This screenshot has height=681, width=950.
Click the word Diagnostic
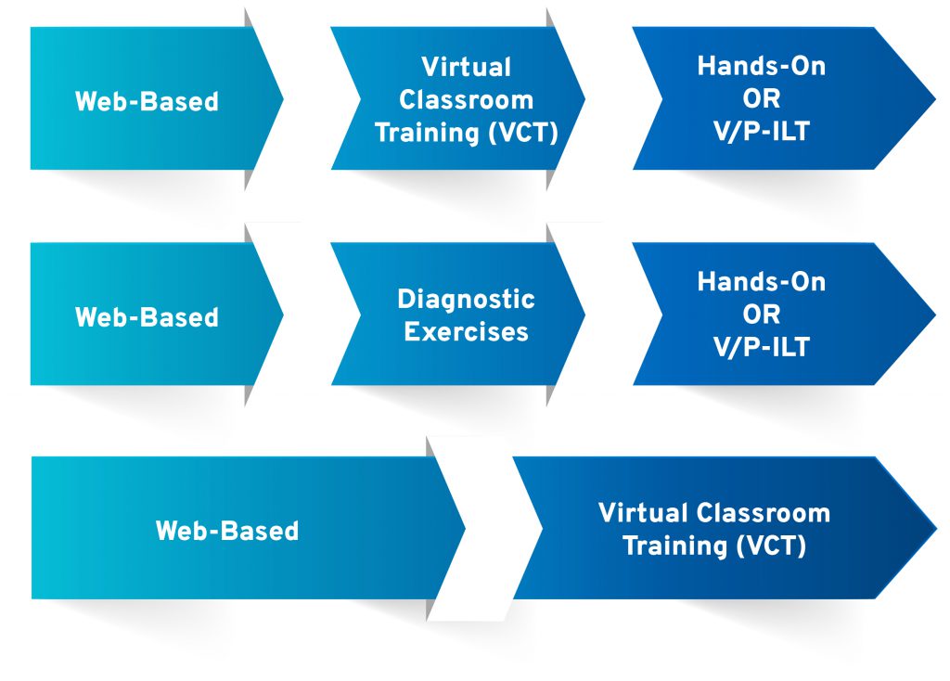466,299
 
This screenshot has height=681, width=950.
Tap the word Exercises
466,331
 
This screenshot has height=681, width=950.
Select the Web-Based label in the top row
147,101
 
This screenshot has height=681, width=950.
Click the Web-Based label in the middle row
147,317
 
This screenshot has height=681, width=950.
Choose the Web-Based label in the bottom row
227,531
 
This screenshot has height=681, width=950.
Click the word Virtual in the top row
466,67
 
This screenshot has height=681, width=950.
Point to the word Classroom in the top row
466,99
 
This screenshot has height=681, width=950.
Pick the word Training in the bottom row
675,546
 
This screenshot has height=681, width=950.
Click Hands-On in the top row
761,66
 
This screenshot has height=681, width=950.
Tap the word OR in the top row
761,98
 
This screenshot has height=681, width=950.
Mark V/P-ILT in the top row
761,131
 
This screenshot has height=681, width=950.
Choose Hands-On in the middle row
761,281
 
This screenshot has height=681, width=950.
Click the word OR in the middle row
761,314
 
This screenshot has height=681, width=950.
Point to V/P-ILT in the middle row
761,347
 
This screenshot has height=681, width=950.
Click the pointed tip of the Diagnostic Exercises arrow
584,314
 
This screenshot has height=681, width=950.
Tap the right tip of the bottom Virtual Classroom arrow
937,528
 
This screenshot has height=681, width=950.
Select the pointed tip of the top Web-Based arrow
283,98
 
